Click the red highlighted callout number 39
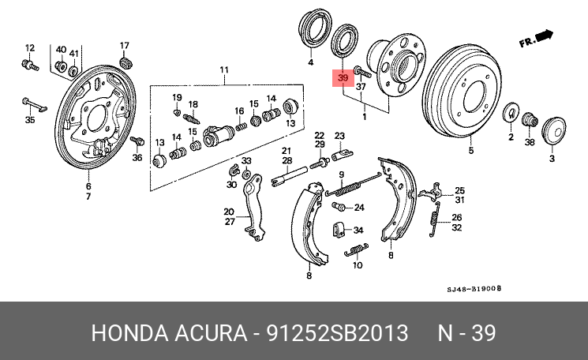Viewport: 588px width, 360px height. point(343,78)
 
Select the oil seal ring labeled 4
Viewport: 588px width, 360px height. point(315,28)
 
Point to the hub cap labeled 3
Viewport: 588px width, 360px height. point(554,130)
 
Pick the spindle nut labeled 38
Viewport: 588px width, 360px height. point(530,120)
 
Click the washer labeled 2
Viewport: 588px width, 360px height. point(510,112)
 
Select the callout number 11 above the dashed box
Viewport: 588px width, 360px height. point(224,69)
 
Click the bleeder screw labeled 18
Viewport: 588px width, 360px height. point(191,119)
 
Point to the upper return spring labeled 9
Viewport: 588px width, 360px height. point(353,186)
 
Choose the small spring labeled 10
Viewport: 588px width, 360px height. point(356,250)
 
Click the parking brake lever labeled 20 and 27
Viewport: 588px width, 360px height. point(253,207)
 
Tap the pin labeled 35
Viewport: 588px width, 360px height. point(34,104)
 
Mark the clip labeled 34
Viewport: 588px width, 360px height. point(338,230)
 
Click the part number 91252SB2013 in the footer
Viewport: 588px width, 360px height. point(337,332)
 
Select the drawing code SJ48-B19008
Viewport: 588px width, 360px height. point(474,289)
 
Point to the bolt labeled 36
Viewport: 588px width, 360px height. point(137,141)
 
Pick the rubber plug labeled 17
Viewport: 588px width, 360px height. point(125,62)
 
